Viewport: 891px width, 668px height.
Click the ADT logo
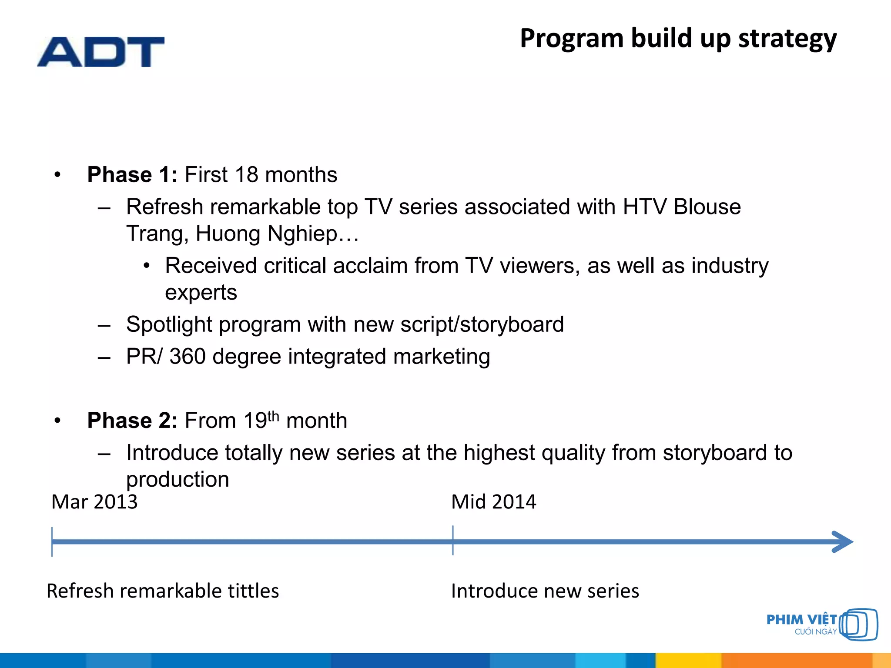(x=101, y=52)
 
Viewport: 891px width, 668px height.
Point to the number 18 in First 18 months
(x=246, y=175)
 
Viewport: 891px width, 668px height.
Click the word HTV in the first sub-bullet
(x=644, y=207)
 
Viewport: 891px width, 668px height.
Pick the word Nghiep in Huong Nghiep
(x=302, y=234)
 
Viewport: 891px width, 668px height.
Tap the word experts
(x=201, y=292)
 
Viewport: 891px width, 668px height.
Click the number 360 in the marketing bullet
(x=188, y=357)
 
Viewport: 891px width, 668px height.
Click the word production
(x=178, y=480)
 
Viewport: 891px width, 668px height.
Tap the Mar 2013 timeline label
(x=94, y=502)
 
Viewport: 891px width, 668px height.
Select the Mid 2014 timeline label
(x=493, y=502)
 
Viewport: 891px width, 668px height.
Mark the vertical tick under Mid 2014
(x=453, y=541)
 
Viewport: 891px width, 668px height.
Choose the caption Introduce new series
(x=545, y=591)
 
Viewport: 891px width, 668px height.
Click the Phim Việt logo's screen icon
(x=858, y=625)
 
